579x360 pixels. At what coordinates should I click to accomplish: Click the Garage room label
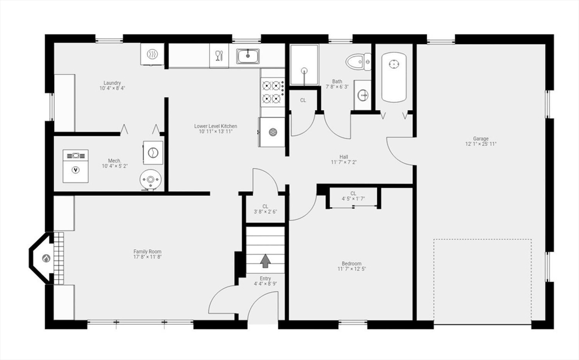(481, 138)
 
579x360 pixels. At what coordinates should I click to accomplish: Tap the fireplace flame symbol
(46, 258)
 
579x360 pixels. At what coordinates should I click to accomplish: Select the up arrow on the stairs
(265, 261)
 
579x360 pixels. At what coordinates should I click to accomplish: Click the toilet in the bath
(358, 61)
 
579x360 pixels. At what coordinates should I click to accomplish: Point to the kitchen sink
(248, 56)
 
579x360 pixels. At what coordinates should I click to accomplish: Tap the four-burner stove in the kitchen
(273, 92)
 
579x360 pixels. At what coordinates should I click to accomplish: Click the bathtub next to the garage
(394, 77)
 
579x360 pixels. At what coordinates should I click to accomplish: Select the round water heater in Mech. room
(150, 180)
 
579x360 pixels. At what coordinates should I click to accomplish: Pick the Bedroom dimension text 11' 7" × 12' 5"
(352, 269)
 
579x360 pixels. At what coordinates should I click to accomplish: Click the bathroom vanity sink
(362, 96)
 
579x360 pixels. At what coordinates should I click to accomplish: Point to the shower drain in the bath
(304, 70)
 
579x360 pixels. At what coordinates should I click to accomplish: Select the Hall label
(344, 157)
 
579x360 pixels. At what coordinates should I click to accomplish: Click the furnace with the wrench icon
(76, 166)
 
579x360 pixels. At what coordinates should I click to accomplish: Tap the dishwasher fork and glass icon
(219, 56)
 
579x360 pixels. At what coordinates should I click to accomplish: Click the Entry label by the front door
(265, 279)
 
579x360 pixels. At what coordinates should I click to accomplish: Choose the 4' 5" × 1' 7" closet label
(353, 198)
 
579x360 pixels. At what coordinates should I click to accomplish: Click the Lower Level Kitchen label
(215, 126)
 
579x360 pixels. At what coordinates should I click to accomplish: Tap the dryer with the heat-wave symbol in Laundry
(152, 55)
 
